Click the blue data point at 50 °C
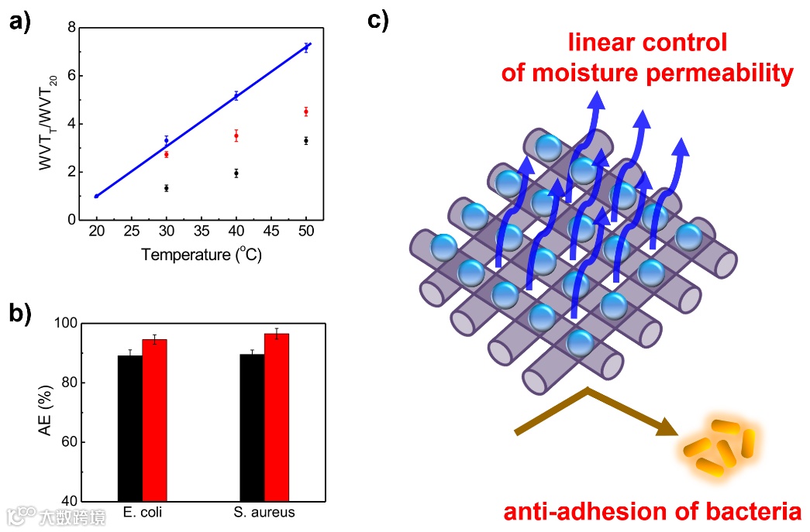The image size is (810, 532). (306, 47)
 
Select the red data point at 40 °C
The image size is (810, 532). (236, 136)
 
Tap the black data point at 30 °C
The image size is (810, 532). (166, 188)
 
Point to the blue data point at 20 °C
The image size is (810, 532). (96, 196)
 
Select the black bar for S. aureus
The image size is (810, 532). (252, 427)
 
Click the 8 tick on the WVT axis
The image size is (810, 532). (72, 28)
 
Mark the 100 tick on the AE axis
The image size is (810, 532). (67, 324)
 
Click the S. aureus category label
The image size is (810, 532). (264, 513)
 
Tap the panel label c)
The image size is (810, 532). (377, 20)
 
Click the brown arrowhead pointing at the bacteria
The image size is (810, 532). (667, 427)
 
